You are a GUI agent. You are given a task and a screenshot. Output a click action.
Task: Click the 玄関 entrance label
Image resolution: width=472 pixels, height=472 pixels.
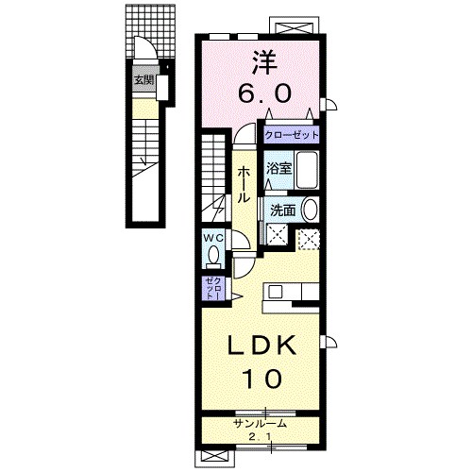click(x=144, y=80)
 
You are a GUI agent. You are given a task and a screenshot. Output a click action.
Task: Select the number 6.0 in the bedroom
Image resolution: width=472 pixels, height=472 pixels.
click(x=263, y=93)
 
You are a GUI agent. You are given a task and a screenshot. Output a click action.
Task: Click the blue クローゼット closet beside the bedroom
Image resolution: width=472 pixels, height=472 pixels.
click(x=292, y=135)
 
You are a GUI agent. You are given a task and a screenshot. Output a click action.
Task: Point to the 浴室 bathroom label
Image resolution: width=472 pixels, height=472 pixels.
click(x=278, y=169)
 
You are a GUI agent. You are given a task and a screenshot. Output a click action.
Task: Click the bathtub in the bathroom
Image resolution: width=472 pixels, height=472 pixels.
click(x=307, y=170)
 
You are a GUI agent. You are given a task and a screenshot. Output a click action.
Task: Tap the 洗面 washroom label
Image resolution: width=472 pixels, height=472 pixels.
click(x=283, y=210)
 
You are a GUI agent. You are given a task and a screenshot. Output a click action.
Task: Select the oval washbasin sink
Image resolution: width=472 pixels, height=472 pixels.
click(x=310, y=210)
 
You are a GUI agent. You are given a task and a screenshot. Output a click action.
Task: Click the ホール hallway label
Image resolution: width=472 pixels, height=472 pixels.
click(x=244, y=184)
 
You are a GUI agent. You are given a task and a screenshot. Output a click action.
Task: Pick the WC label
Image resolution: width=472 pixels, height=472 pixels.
click(x=213, y=238)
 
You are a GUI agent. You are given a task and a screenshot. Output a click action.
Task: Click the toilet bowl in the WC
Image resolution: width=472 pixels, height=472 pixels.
click(x=214, y=255)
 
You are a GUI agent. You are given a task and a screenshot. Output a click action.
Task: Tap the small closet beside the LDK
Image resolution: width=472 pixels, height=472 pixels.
click(x=213, y=288)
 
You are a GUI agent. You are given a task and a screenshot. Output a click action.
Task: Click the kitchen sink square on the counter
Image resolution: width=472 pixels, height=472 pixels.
click(x=275, y=292)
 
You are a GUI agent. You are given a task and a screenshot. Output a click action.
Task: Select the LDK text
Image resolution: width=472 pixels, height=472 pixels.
click(x=262, y=346)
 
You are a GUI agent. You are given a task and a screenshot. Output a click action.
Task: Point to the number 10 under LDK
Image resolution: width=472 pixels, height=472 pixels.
click(x=261, y=379)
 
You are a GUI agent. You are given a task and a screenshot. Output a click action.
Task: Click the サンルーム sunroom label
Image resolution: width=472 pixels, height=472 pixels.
click(x=261, y=424)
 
